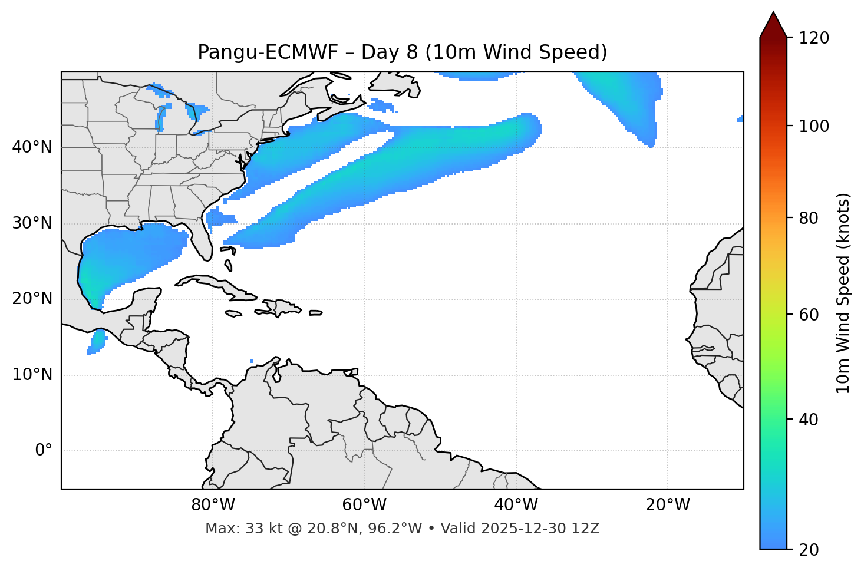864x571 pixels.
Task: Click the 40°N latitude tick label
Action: pyautogui.click(x=32, y=147)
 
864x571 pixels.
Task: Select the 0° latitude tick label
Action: pyautogui.click(x=43, y=451)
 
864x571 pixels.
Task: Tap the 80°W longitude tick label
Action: pyautogui.click(x=213, y=505)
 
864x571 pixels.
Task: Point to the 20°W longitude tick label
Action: pyautogui.click(x=668, y=505)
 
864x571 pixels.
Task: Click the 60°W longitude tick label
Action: pyautogui.click(x=364, y=505)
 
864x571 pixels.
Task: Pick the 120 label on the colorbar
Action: pyautogui.click(x=814, y=38)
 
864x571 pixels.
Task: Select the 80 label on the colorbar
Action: pyautogui.click(x=808, y=219)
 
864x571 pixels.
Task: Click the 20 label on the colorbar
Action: pyautogui.click(x=808, y=550)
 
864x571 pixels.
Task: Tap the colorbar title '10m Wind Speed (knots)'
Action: pyautogui.click(x=843, y=293)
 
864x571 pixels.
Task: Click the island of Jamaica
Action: pyautogui.click(x=233, y=313)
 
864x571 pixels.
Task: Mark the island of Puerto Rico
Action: pyautogui.click(x=316, y=313)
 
